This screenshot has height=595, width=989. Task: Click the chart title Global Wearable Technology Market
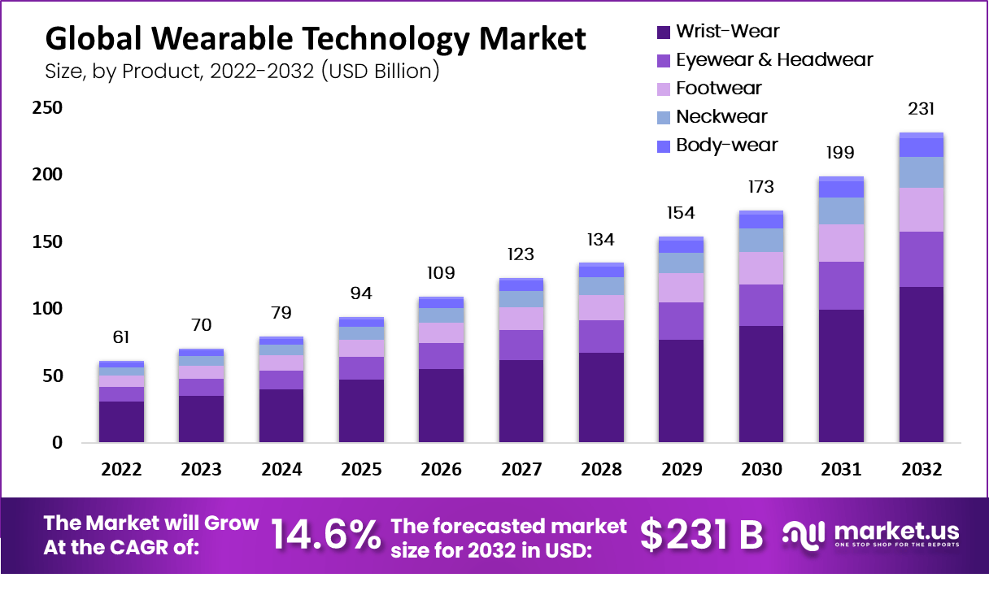[x=315, y=39]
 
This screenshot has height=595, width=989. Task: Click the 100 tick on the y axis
[x=47, y=309]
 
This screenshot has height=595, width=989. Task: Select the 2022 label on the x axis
[x=121, y=469]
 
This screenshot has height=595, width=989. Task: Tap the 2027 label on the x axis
[x=521, y=469]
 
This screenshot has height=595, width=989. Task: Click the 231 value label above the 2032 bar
[x=921, y=109]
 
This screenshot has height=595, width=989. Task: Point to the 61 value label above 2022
[x=121, y=337]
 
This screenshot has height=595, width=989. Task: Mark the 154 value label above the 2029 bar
[x=681, y=213]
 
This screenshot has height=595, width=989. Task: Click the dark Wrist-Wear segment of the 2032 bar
[x=921, y=366]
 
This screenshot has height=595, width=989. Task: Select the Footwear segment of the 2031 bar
[x=841, y=243]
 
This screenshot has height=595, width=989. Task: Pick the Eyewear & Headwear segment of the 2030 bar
[x=761, y=305]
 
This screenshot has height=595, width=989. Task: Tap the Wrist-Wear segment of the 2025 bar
[x=361, y=411]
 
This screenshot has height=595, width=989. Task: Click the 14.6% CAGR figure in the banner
[x=325, y=534]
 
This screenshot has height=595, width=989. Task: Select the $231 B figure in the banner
[x=701, y=534]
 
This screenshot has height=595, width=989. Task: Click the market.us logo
[x=871, y=534]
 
